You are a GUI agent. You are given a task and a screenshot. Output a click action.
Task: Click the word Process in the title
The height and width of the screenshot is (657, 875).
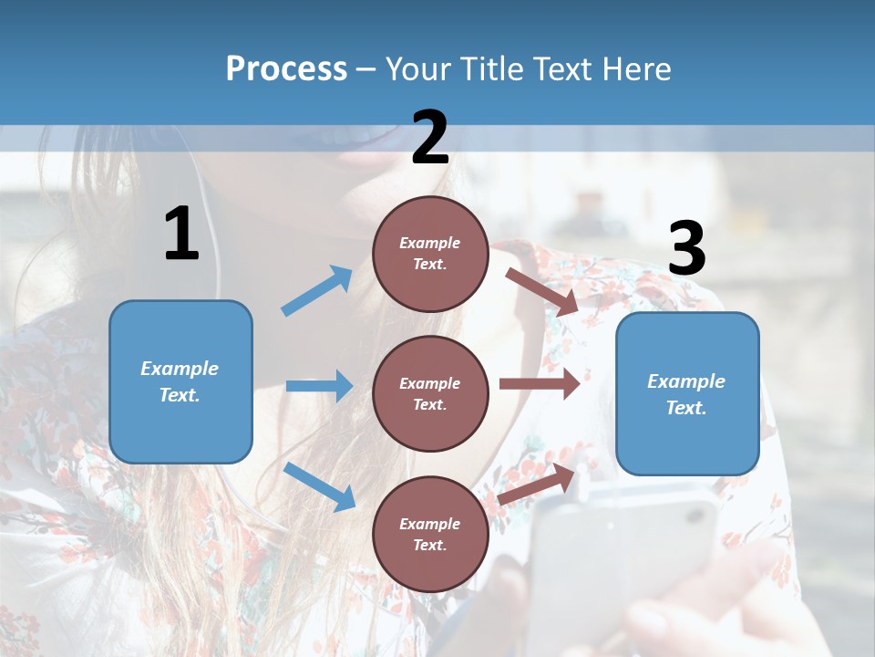[x=286, y=69]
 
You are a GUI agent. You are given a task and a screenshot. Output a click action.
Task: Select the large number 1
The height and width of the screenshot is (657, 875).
[x=181, y=235]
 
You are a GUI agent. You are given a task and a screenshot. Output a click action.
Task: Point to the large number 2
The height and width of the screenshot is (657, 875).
[x=430, y=138]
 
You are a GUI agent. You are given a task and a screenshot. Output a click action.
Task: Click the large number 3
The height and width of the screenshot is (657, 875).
[x=686, y=249]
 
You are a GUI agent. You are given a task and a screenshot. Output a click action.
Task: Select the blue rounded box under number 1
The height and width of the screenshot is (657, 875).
[x=180, y=381]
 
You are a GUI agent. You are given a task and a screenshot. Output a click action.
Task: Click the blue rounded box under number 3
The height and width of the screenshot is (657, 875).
[x=687, y=393]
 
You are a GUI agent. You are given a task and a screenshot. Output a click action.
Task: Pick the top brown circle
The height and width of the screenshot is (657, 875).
[x=430, y=254]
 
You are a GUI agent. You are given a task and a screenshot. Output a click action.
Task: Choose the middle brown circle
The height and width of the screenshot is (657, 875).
[x=430, y=393]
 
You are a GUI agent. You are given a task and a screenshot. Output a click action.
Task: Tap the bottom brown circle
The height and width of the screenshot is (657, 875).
[x=430, y=534]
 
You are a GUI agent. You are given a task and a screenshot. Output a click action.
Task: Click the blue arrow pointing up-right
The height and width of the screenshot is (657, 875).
[x=317, y=291]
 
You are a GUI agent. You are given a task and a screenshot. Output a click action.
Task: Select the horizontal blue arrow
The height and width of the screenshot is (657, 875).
[x=319, y=386]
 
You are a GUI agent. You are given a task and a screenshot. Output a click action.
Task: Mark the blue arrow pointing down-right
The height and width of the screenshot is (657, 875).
[x=320, y=486]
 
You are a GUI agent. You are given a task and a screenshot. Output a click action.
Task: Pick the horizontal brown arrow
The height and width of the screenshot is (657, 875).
[x=540, y=383]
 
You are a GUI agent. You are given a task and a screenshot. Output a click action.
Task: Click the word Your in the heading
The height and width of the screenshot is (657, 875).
[x=420, y=69]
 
